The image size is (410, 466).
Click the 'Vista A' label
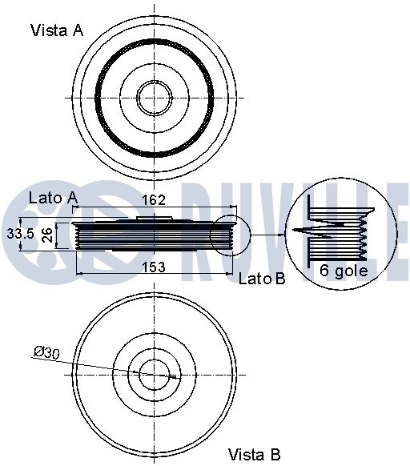click(x=57, y=30)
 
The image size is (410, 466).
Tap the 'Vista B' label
click(x=254, y=455)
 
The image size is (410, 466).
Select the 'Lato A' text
click(x=54, y=198)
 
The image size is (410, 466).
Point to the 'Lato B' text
click(x=262, y=279)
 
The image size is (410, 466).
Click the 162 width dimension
click(x=154, y=200)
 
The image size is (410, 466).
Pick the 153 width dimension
click(x=154, y=267)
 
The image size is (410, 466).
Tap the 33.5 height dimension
click(x=21, y=234)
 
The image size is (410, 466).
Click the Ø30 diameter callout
click(x=46, y=352)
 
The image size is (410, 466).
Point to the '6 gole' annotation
click(x=344, y=270)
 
